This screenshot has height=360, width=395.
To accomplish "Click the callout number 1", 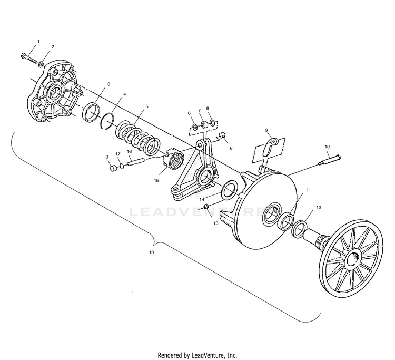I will pyautogui.click(x=38, y=41).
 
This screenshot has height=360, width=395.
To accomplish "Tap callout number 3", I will pyautogui.click(x=108, y=84).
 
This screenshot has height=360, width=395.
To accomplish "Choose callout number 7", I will pyautogui.click(x=199, y=111).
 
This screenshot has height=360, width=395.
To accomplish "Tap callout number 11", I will pyautogui.click(x=309, y=189).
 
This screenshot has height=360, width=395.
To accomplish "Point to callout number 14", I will pyautogui.click(x=202, y=199).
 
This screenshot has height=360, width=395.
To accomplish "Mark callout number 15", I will pyautogui.click(x=155, y=180).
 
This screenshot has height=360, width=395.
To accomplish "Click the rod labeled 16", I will pyautogui.click(x=134, y=161).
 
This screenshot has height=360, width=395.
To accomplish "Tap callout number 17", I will pyautogui.click(x=118, y=153).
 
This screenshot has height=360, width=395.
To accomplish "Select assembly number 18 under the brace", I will pyautogui.click(x=152, y=253).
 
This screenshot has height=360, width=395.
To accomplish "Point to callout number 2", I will pyautogui.click(x=53, y=47).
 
